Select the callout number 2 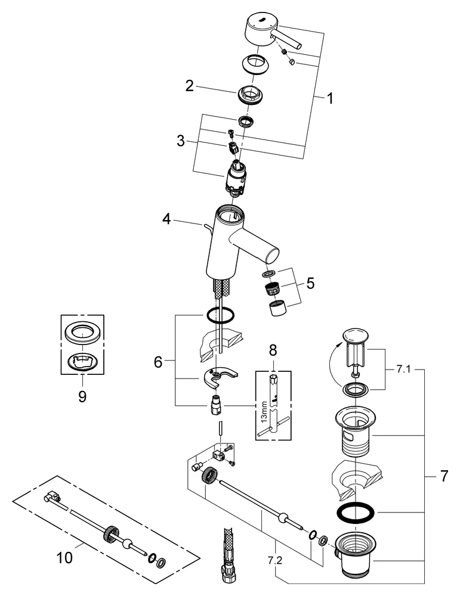pyautogui.click(x=189, y=86)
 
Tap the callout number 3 pyautogui.click(x=181, y=141)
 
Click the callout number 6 pyautogui.click(x=159, y=361)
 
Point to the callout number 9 pyautogui.click(x=82, y=396)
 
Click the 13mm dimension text pyautogui.click(x=263, y=411)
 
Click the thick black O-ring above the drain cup pyautogui.click(x=356, y=513)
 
